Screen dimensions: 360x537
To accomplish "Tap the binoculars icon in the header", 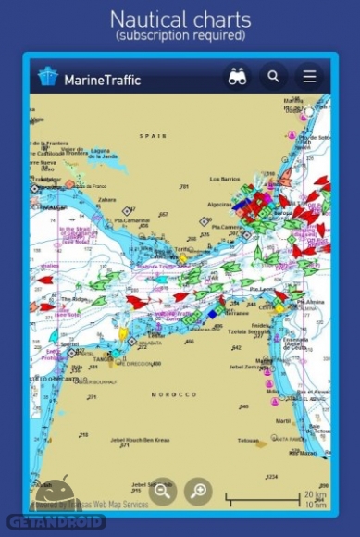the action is [238, 78].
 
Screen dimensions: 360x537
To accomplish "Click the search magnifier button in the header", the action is [273, 78].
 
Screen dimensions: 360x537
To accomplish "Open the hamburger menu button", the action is [309, 78].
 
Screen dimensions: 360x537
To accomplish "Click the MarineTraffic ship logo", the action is [47, 78].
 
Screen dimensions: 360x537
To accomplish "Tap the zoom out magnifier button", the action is [163, 491].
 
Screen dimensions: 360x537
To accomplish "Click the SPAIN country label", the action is [153, 136].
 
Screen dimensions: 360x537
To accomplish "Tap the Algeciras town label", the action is [219, 204].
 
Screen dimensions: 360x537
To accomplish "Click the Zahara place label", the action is [107, 198].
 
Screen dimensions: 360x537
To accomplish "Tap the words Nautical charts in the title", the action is [180, 19].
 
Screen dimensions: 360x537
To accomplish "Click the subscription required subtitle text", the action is [180, 36].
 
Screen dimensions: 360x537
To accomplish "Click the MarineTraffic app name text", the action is [102, 80].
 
